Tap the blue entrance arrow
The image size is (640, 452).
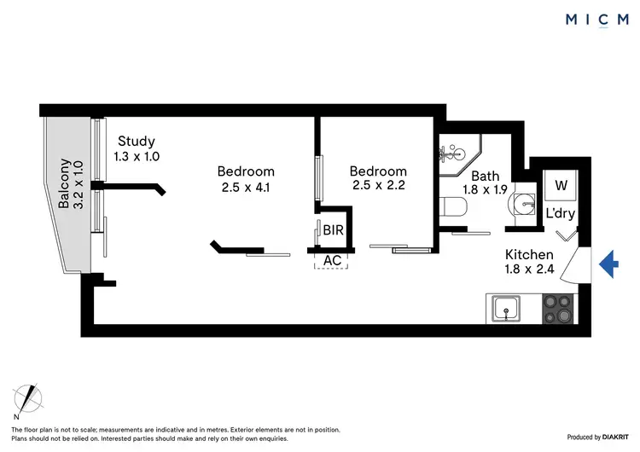tap(608, 264)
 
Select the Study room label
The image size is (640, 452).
tap(137, 142)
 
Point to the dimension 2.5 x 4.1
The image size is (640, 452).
tap(245, 188)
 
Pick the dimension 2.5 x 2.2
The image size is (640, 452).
tap(378, 188)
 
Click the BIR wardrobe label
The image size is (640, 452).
tap(333, 230)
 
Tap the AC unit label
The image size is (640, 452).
tap(331, 260)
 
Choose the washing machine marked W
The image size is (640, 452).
tap(561, 185)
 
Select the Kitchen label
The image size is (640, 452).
tap(529, 254)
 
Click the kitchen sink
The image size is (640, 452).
tap(508, 307)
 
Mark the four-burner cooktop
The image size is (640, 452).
tap(560, 308)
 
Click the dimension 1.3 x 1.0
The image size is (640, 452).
tap(137, 157)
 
